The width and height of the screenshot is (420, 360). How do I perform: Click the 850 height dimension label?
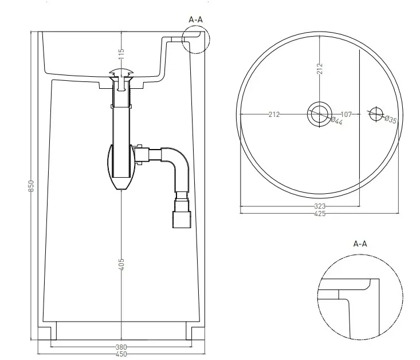(x=32, y=186)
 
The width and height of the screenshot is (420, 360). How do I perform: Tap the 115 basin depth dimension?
(x=121, y=54)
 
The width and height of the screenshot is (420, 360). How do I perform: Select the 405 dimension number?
(x=121, y=264)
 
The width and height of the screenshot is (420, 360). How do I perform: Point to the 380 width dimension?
(x=121, y=347)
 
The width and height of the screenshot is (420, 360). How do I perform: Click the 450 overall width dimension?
(x=121, y=354)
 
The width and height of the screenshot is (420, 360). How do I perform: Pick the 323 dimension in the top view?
(x=320, y=206)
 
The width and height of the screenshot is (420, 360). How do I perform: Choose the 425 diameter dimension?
(x=320, y=214)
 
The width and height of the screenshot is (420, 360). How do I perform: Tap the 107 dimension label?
(x=346, y=115)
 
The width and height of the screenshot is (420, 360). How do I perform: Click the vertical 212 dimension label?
(x=320, y=69)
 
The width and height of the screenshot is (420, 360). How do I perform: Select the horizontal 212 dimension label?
(x=274, y=115)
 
